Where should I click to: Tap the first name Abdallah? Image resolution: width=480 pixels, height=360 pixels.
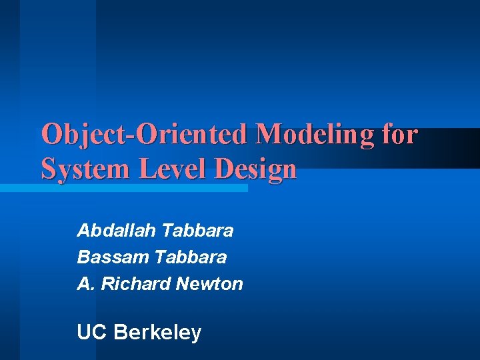point(117,231)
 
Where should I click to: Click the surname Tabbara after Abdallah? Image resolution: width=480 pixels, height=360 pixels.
point(198,231)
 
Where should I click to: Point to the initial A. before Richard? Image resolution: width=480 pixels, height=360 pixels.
point(85,283)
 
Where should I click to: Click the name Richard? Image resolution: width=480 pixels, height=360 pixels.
point(134,283)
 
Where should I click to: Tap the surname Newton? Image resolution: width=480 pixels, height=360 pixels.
point(209,283)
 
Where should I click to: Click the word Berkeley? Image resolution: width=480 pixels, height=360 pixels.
point(157,332)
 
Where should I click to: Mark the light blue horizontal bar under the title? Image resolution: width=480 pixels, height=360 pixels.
point(123,189)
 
